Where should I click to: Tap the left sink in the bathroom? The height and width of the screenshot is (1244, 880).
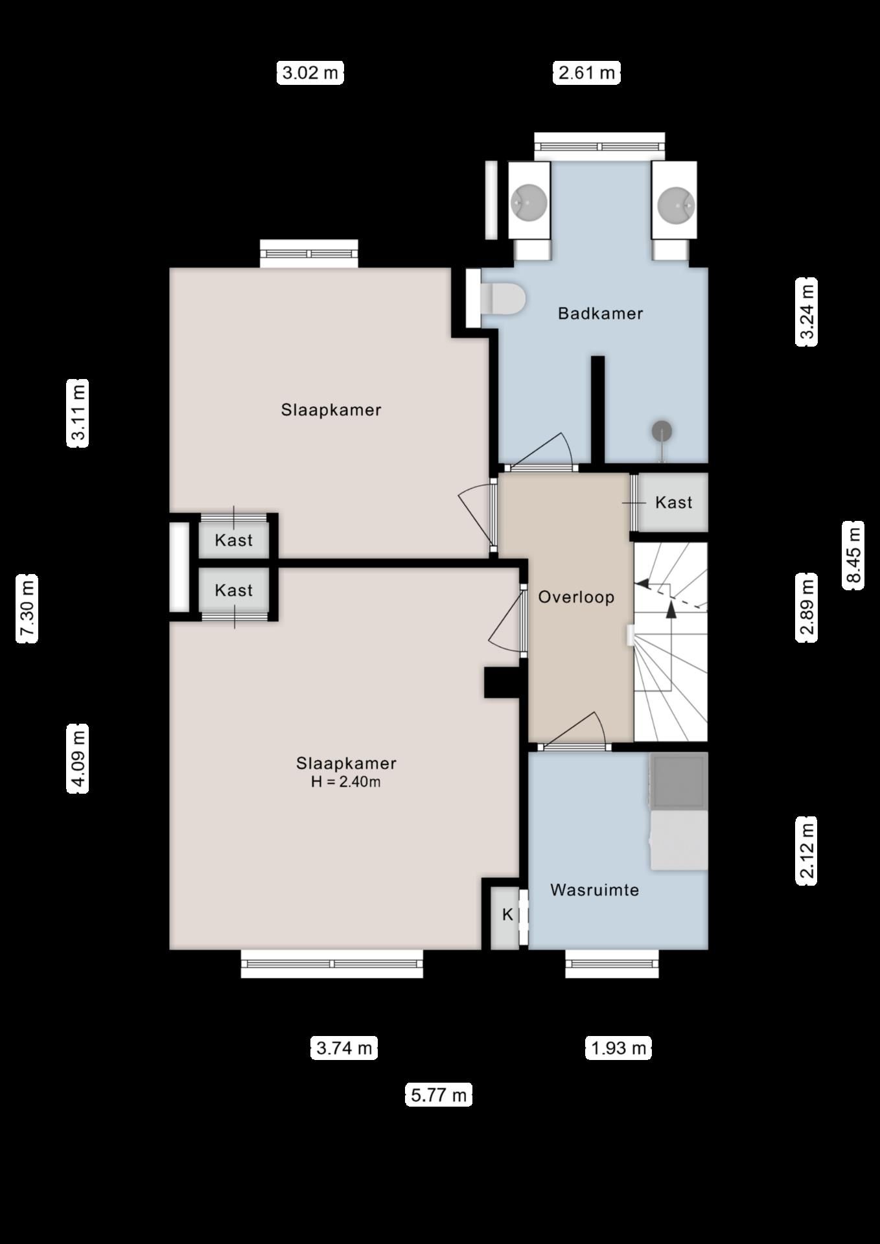pyautogui.click(x=529, y=201)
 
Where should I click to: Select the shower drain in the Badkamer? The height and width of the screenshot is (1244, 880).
pyautogui.click(x=662, y=431)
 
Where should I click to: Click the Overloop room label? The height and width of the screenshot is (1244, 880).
pyautogui.click(x=576, y=597)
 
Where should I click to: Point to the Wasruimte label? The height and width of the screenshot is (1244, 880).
pyautogui.click(x=594, y=890)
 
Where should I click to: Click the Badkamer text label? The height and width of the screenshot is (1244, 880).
pyautogui.click(x=600, y=314)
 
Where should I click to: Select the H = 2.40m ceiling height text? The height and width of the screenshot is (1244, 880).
pyautogui.click(x=345, y=781)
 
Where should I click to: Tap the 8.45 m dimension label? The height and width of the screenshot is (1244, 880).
pyautogui.click(x=853, y=555)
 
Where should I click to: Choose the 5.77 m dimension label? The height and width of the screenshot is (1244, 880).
pyautogui.click(x=439, y=1095)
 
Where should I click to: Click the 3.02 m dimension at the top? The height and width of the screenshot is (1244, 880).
pyautogui.click(x=310, y=72)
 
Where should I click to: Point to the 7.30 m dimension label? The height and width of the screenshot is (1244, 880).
pyautogui.click(x=27, y=608)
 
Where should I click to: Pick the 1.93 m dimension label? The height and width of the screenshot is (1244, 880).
pyautogui.click(x=618, y=1048)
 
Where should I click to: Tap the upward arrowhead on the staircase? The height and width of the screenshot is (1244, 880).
pyautogui.click(x=671, y=608)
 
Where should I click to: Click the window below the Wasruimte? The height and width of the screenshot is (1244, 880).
pyautogui.click(x=612, y=964)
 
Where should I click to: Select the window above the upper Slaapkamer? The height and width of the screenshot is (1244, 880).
pyautogui.click(x=309, y=253)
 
